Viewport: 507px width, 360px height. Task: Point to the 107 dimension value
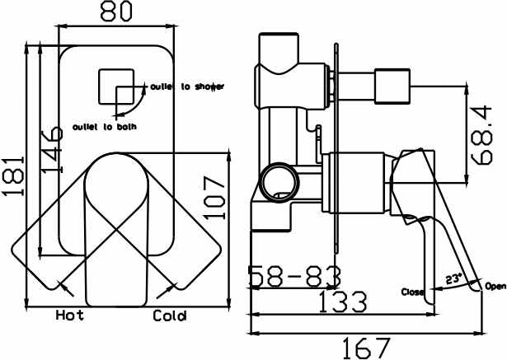point(216,194)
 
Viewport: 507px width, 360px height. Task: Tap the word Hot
point(69,316)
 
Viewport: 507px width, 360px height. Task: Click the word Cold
point(170,316)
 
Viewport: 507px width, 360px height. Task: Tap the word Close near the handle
point(413,292)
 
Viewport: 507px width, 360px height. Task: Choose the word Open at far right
point(495,286)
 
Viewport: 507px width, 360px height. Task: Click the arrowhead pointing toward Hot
point(63,287)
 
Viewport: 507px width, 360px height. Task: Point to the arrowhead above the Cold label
point(173,287)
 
